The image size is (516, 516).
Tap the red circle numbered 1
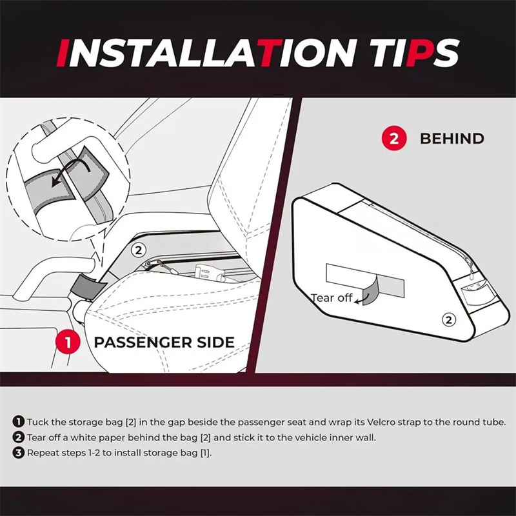coord(68,342)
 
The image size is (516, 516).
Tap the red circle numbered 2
coord(394,139)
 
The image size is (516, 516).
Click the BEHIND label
coord(452,139)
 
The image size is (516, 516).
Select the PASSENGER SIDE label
coord(164,342)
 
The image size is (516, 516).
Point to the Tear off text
coord(332,298)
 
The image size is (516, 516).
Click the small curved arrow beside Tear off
coord(361,299)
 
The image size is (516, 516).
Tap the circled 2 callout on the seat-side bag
coord(139,250)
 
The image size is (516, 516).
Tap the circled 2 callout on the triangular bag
coord(448,319)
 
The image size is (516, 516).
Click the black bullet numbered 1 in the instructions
coord(19,422)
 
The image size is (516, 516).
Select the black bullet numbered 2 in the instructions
coord(19,437)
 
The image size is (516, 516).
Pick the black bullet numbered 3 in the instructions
coord(19,453)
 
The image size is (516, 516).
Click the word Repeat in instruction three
coord(43,453)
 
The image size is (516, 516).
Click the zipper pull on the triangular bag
coord(471,275)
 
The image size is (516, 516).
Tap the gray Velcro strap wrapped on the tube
coord(84,285)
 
